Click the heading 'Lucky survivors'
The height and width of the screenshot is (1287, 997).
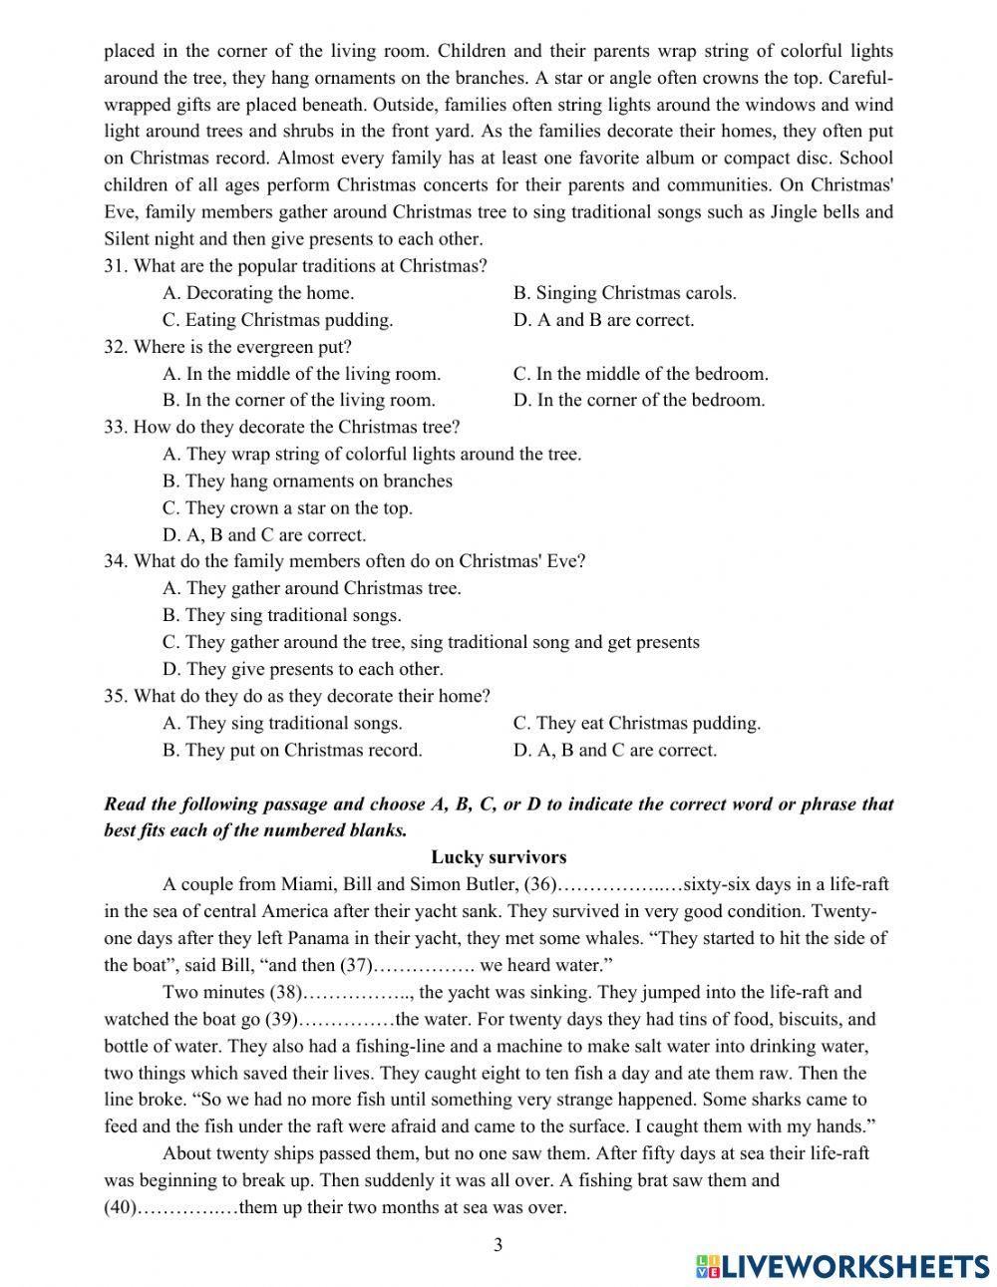pyautogui.click(x=498, y=857)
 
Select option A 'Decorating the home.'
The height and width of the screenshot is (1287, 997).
pyautogui.click(x=258, y=293)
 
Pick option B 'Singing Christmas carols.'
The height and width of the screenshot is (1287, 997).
pyautogui.click(x=624, y=293)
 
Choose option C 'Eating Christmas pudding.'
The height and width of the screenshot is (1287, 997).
pyautogui.click(x=277, y=320)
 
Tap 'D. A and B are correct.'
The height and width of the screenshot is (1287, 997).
pyautogui.click(x=603, y=320)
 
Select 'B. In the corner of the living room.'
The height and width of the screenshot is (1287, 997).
pyautogui.click(x=298, y=401)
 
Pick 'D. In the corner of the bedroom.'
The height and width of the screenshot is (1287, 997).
pyautogui.click(x=638, y=401)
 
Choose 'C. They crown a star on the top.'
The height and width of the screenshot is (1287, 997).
pyautogui.click(x=287, y=508)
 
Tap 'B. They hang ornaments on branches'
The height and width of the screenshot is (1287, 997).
pyautogui.click(x=307, y=482)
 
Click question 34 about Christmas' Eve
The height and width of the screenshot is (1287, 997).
pyautogui.click(x=344, y=561)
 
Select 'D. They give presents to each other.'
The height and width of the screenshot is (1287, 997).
pyautogui.click(x=302, y=670)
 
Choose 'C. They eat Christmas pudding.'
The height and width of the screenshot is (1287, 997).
pyautogui.click(x=636, y=724)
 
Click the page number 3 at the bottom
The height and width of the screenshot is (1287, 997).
pyautogui.click(x=498, y=1244)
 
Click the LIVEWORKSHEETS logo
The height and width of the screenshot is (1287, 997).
pyautogui.click(x=842, y=1266)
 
